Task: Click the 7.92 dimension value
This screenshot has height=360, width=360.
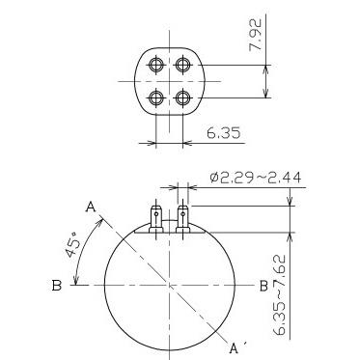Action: pyautogui.click(x=256, y=35)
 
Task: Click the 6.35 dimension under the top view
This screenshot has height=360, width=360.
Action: pyautogui.click(x=223, y=132)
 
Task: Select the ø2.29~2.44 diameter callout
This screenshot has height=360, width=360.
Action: pyautogui.click(x=256, y=178)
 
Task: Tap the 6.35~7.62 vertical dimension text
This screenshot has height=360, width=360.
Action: pyautogui.click(x=280, y=295)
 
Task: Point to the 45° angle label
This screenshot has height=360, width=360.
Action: pyautogui.click(x=73, y=244)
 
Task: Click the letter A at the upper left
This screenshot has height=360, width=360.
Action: pyautogui.click(x=91, y=208)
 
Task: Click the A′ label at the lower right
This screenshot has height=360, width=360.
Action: pyautogui.click(x=236, y=347)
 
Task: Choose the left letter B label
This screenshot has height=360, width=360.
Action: pyautogui.click(x=57, y=286)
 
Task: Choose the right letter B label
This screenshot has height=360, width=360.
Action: pyautogui.click(x=263, y=286)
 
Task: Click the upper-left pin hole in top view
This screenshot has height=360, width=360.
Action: pyautogui.click(x=156, y=65)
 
